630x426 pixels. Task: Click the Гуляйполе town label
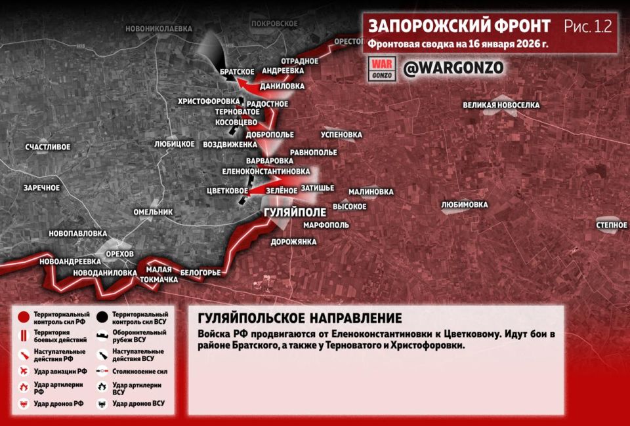[294, 214]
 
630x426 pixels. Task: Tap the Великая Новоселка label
[501, 105]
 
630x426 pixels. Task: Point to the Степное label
[611, 225]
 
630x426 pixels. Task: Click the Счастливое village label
[48, 147]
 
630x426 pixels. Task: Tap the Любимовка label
[465, 204]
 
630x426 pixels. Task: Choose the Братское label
[237, 71]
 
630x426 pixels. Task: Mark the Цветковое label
[226, 191]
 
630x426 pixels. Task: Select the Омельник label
[153, 212]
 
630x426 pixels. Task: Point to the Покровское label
[274, 23]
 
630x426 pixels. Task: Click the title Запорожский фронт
[459, 26]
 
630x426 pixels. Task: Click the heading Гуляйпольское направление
[299, 319]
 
